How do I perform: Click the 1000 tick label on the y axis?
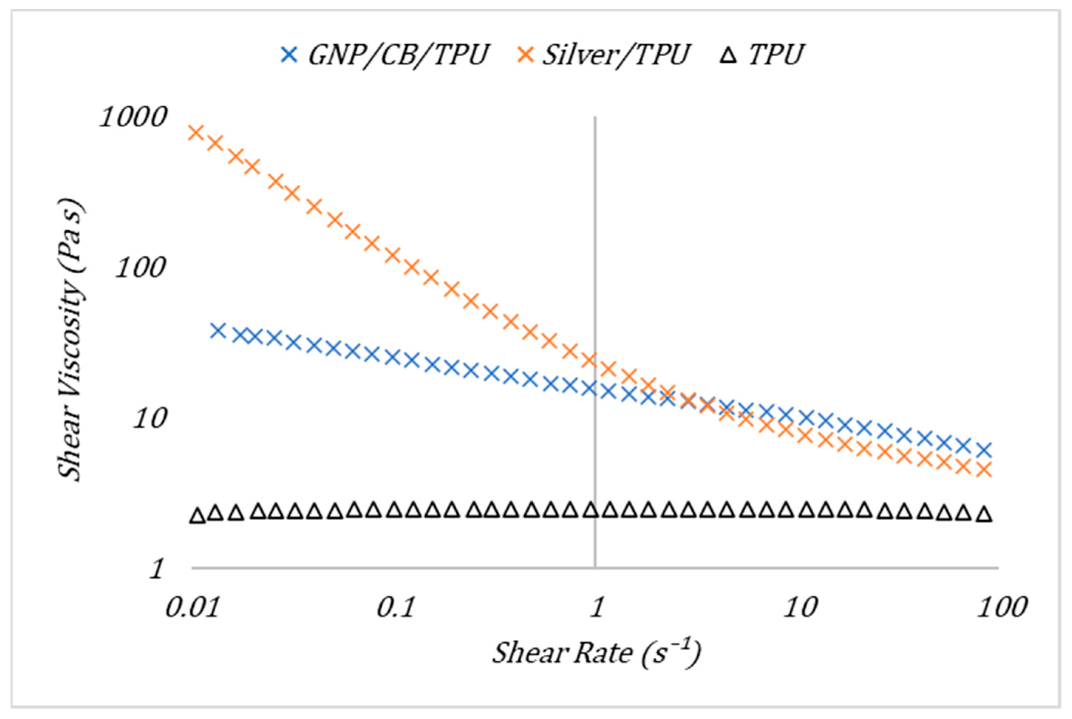[x=133, y=117]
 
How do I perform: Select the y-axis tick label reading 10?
[x=149, y=419]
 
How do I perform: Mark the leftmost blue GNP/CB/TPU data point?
[x=218, y=330]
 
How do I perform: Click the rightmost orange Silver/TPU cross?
[x=984, y=470]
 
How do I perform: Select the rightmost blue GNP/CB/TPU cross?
[x=984, y=450]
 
